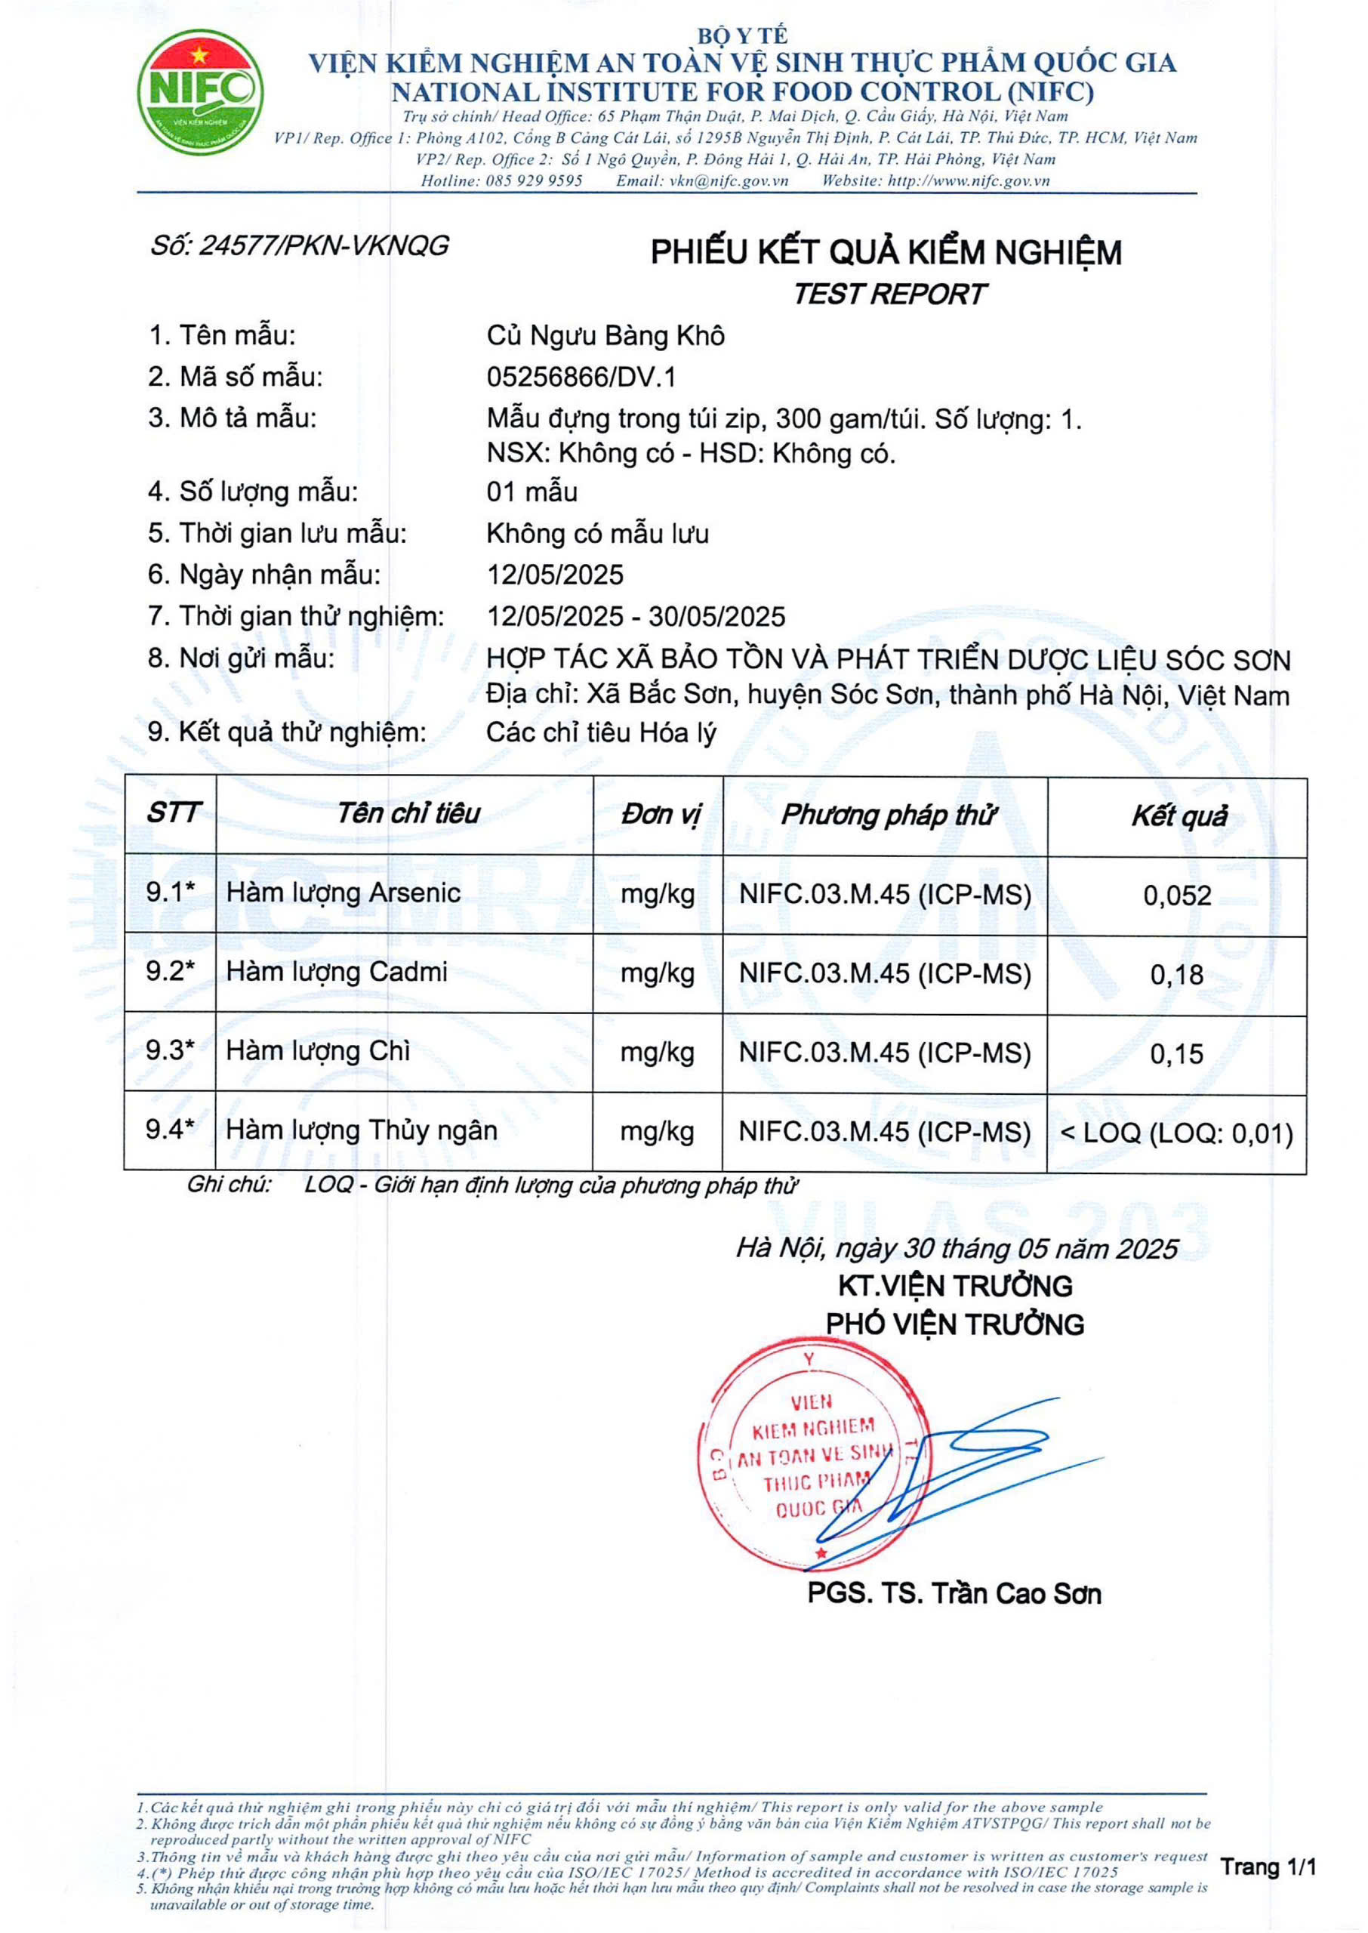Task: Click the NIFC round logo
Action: [201, 92]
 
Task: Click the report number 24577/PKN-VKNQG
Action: [299, 246]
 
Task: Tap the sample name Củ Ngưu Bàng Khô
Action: [605, 336]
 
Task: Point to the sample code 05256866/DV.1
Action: [581, 377]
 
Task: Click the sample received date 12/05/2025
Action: [555, 575]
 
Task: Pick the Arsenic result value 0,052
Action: [1177, 896]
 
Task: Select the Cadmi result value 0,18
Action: [1177, 975]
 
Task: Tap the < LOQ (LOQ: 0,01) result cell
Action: [1177, 1133]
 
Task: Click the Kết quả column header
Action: [1179, 815]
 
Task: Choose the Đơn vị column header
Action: [661, 815]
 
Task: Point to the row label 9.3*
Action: [170, 1050]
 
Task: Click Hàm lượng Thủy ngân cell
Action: [362, 1130]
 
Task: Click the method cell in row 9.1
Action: [885, 895]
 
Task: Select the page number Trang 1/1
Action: [1268, 1867]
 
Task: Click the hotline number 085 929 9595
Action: [534, 180]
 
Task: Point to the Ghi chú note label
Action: [229, 1185]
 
